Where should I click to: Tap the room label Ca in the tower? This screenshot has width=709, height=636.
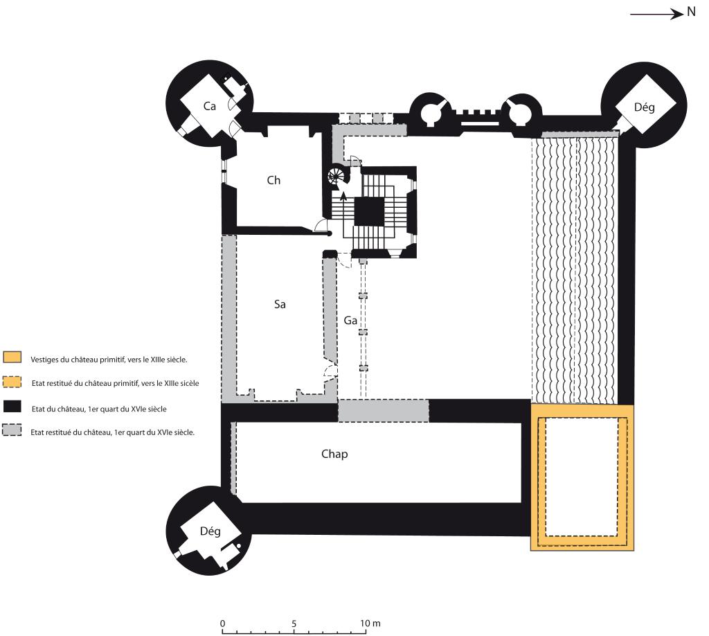pyautogui.click(x=209, y=106)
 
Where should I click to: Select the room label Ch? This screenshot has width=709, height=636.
pyautogui.click(x=273, y=180)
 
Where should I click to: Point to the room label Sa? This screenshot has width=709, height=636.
pyautogui.click(x=280, y=304)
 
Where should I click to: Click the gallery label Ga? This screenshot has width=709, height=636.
pyautogui.click(x=350, y=321)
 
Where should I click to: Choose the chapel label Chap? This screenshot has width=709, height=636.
pyautogui.click(x=334, y=454)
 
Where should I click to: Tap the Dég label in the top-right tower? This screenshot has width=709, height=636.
pyautogui.click(x=645, y=107)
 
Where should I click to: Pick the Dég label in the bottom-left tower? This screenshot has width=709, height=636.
pyautogui.click(x=210, y=531)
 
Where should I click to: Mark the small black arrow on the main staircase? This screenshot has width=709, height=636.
pyautogui.click(x=343, y=197)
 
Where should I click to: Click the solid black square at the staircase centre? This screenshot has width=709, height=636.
pyautogui.click(x=369, y=211)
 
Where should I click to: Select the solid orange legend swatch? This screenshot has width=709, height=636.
pyautogui.click(x=12, y=356)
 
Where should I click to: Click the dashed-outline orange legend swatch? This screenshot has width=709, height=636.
pyautogui.click(x=12, y=381)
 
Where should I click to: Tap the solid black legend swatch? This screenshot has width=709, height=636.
pyautogui.click(x=12, y=406)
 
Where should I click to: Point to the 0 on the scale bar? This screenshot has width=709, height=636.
pyautogui.click(x=222, y=624)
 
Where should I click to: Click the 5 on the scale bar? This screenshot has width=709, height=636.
pyautogui.click(x=294, y=624)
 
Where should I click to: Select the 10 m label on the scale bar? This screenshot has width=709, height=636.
pyautogui.click(x=370, y=624)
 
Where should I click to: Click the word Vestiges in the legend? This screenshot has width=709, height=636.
pyautogui.click(x=44, y=360)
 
